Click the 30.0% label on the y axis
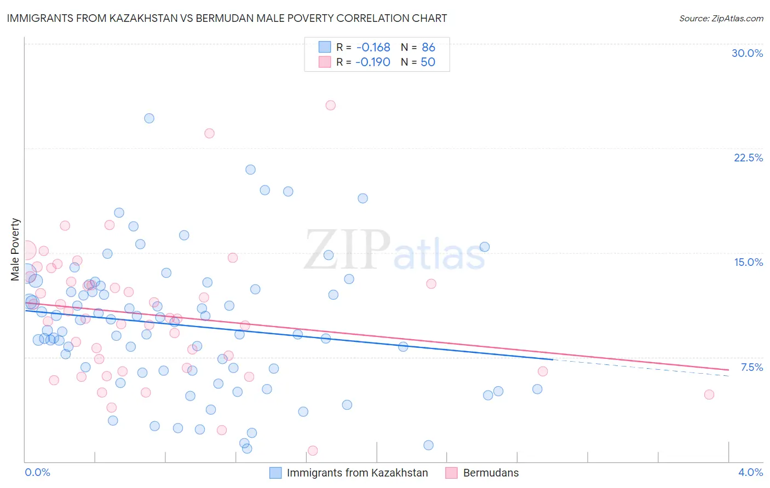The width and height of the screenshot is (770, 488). [x=747, y=53]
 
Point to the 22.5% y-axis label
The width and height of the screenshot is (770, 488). [x=748, y=158]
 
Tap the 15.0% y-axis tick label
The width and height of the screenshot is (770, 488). [x=748, y=262]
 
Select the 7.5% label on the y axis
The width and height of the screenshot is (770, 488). [x=751, y=367]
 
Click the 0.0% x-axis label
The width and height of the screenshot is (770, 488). [x=37, y=472]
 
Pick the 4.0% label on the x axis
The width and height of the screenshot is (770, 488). [x=750, y=472]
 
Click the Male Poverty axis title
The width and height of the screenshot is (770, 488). [x=15, y=249]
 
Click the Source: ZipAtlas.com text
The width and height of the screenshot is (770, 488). [x=721, y=18]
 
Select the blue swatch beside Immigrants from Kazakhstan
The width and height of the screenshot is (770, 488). [x=275, y=473]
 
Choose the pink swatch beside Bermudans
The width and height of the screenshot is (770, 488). [x=451, y=473]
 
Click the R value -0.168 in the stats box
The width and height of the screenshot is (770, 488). [x=372, y=48]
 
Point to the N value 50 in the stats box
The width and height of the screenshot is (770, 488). [x=428, y=62]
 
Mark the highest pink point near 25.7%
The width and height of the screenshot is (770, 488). [x=330, y=105]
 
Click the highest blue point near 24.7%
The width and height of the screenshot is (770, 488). [x=149, y=118]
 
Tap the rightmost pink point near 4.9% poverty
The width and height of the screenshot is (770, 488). [x=709, y=394]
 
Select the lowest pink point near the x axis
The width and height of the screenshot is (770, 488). [x=313, y=450]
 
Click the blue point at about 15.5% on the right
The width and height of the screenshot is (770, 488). [x=484, y=247]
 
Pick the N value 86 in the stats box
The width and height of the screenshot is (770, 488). [x=428, y=48]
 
